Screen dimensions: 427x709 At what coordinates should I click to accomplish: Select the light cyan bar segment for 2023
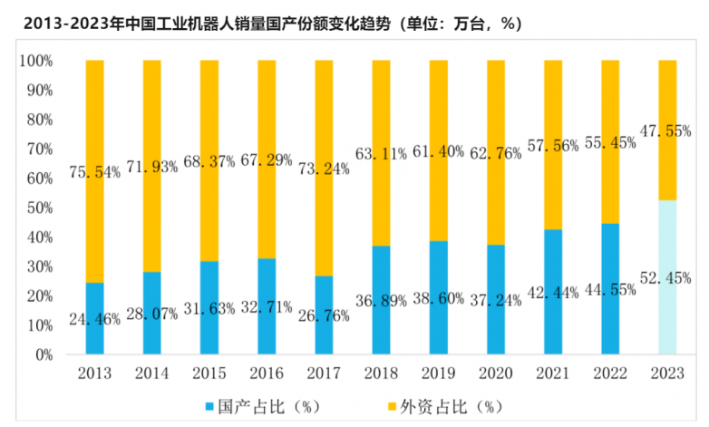click(666, 277)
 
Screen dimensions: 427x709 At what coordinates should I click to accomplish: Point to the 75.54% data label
click(94, 172)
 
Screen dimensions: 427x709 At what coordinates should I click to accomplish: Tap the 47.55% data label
click(666, 131)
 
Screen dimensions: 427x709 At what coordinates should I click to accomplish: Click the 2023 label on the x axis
click(666, 374)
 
